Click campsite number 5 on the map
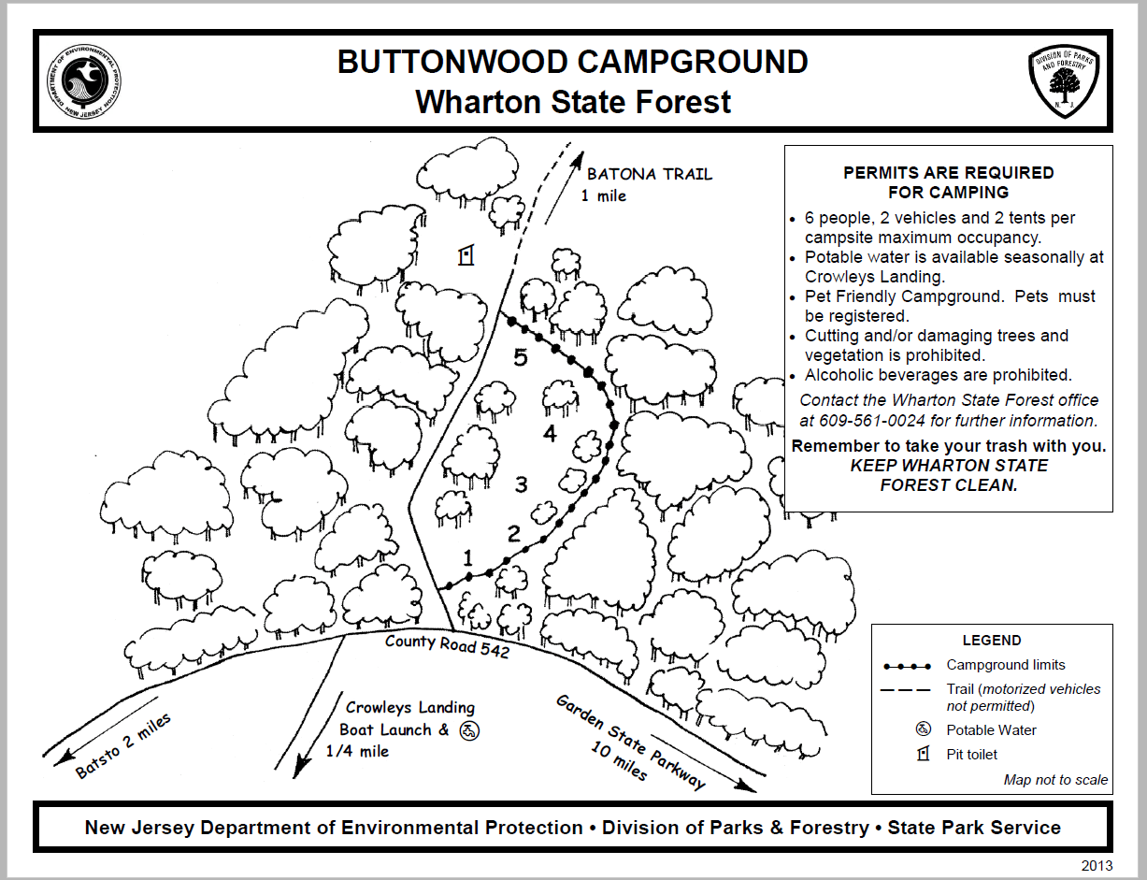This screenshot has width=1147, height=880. (x=520, y=357)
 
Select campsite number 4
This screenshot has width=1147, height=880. (x=550, y=434)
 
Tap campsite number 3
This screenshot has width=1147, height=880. (x=522, y=484)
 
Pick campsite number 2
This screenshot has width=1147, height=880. (x=513, y=535)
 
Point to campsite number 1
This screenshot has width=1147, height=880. (x=468, y=559)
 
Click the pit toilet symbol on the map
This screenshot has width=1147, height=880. (x=465, y=255)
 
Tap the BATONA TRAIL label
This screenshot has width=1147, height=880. (x=649, y=174)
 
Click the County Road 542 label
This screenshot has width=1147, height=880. (x=447, y=646)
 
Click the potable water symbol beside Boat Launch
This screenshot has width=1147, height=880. (x=469, y=730)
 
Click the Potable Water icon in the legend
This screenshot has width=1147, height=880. (x=923, y=729)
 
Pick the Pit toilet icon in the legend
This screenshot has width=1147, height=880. (x=923, y=754)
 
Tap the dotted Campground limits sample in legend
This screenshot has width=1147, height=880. (x=907, y=666)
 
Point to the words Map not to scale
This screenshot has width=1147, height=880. (x=1055, y=780)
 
